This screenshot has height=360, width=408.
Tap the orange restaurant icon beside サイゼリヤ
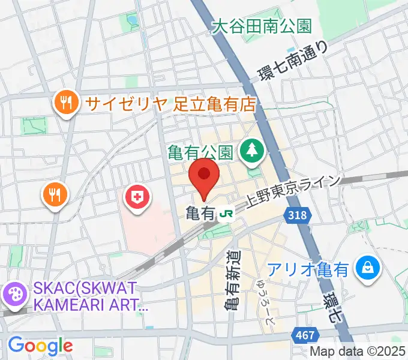[65, 103]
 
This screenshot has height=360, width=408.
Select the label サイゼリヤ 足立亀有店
[170, 103]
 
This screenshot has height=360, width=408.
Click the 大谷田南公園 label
[263, 26]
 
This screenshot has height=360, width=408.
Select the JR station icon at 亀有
[226, 212]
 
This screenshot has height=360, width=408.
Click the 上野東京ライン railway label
[294, 193]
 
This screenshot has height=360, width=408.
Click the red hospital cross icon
[137, 198]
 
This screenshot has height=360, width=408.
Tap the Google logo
[40, 346]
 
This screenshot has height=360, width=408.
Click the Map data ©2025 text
[358, 352]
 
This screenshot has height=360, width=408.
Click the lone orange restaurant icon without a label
[55, 194]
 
